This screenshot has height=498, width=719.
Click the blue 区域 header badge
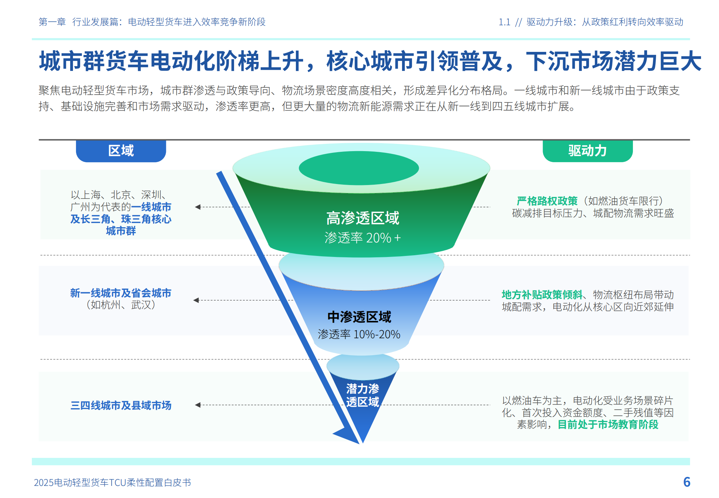tap(121, 151)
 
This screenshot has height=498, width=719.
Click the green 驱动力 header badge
tap(587, 151)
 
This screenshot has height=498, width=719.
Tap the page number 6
tap(687, 482)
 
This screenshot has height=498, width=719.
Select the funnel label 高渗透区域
tap(363, 218)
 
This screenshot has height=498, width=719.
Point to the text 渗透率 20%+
tap(363, 238)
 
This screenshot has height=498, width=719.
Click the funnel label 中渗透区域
tap(359, 317)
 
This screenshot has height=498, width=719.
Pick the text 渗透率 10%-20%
tap(359, 334)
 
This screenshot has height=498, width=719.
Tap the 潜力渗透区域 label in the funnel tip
tap(363, 395)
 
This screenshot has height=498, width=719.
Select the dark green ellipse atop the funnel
tap(359, 168)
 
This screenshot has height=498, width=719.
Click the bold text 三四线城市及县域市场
tap(121, 405)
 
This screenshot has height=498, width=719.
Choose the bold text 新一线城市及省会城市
tap(121, 293)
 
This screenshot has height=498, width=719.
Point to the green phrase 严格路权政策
tap(547, 201)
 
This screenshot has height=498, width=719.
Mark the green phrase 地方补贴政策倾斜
tap(542, 295)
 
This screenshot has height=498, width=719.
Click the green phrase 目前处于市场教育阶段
tap(608, 424)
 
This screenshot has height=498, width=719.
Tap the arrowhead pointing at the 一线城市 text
tap(198, 207)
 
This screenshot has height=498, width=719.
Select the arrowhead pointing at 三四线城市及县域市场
tap(198, 405)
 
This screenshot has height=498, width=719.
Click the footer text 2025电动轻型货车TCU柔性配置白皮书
tap(112, 482)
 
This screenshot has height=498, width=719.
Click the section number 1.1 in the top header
tap(504, 22)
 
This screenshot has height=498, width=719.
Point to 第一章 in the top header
tap(52, 22)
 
